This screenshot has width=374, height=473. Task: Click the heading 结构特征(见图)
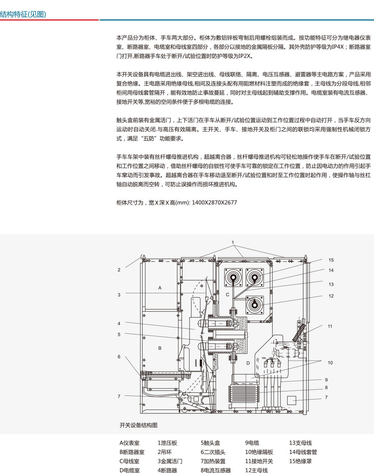point(23,15)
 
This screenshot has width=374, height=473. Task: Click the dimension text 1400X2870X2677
point(214,203)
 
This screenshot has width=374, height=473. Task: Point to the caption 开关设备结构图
point(138,425)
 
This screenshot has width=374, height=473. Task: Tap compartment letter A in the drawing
point(160,288)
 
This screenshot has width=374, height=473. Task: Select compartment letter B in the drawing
point(160,348)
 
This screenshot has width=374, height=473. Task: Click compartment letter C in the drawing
point(227,295)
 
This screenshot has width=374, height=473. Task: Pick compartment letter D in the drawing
point(248,363)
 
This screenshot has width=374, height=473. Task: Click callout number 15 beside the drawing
point(331,260)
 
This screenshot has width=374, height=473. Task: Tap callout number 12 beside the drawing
point(331,296)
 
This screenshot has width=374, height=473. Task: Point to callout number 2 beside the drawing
point(119,270)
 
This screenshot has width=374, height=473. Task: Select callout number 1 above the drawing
point(233,243)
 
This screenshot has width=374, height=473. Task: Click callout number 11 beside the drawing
point(330,326)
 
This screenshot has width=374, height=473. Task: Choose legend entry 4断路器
point(167,470)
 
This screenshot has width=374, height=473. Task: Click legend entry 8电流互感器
point(215,470)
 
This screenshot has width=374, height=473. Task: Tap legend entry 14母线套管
point(303,452)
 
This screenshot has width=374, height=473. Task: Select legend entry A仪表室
point(129,443)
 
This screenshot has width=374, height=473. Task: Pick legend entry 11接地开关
point(259,461)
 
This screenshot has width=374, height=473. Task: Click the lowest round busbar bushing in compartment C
point(255,305)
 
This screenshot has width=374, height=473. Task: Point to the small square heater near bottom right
point(291,400)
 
